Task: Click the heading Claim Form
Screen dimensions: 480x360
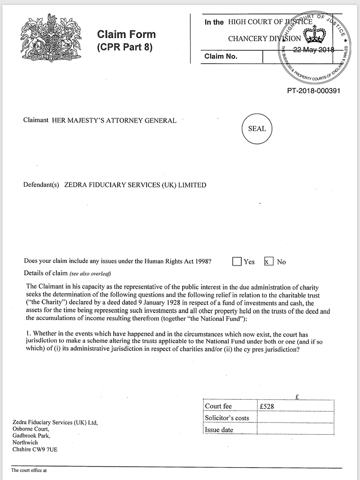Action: pyautogui.click(x=126, y=35)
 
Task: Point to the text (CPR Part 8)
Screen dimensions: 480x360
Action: pyautogui.click(x=124, y=47)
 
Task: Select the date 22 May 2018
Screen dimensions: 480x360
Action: pyautogui.click(x=314, y=50)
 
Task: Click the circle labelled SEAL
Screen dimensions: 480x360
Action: pyautogui.click(x=257, y=129)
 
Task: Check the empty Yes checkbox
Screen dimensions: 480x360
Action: pyautogui.click(x=237, y=261)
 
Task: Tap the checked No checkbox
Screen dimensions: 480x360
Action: pyautogui.click(x=268, y=261)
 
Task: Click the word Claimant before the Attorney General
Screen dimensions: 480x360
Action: pyautogui.click(x=37, y=120)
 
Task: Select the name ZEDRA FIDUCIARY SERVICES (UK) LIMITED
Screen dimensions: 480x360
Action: pyautogui.click(x=135, y=185)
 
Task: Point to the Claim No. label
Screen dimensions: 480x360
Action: pyautogui.click(x=221, y=57)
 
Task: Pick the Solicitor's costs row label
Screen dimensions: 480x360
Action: pyautogui.click(x=227, y=418)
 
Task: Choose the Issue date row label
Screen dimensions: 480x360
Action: pyautogui.click(x=219, y=430)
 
